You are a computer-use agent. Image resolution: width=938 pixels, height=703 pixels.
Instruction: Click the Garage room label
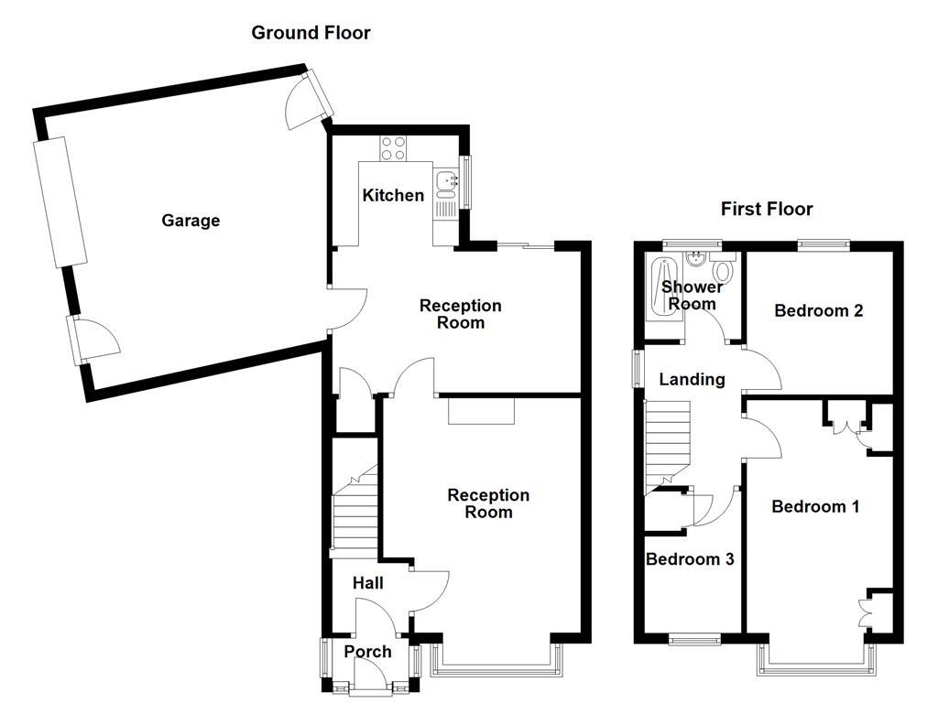pyautogui.click(x=191, y=221)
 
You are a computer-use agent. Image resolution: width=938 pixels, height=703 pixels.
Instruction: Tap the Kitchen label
pyautogui.click(x=393, y=195)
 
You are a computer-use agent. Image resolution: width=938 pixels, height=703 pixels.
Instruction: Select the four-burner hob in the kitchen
pyautogui.click(x=393, y=148)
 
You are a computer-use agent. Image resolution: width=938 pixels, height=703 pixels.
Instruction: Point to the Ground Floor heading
pyautogui.click(x=311, y=32)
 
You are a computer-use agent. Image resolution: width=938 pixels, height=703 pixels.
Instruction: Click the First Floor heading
pyautogui.click(x=767, y=209)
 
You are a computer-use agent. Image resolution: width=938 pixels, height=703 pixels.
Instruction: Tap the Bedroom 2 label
pyautogui.click(x=818, y=310)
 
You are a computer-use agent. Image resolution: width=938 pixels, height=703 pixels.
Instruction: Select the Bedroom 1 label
pyautogui.click(x=815, y=506)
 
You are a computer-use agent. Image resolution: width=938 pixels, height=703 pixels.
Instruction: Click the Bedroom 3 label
pyautogui.click(x=690, y=559)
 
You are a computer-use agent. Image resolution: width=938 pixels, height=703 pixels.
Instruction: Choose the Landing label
pyautogui.click(x=692, y=379)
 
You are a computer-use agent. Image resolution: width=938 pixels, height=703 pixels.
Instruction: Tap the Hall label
pyautogui.click(x=367, y=583)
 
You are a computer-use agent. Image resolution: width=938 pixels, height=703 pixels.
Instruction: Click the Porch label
pyautogui.click(x=367, y=652)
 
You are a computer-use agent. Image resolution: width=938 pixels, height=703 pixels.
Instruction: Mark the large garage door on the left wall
pyautogui.click(x=60, y=202)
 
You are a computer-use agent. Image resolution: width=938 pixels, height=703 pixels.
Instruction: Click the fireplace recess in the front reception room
pyautogui.click(x=482, y=411)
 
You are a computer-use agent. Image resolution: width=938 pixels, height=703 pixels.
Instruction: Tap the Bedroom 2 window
pyautogui.click(x=823, y=243)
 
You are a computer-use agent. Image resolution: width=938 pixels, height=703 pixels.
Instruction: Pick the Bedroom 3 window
pyautogui.click(x=694, y=639)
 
